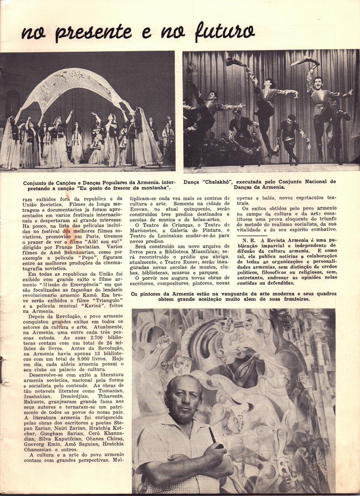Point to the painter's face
click(x=184, y=400)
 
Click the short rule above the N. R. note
click(x=251, y=234)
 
